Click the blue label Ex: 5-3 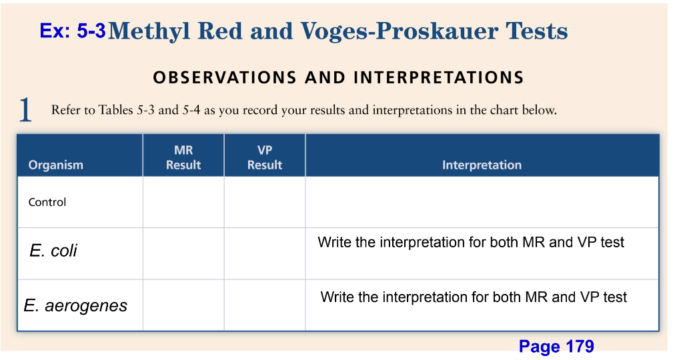72,31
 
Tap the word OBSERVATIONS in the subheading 225,78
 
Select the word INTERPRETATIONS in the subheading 438,78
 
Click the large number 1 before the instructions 25,110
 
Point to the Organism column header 56,165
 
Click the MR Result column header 183,158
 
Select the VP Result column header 265,158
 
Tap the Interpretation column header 482,165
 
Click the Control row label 47,203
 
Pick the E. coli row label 53,251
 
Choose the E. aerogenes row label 75,306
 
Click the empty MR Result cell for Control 183,203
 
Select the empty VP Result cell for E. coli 265,253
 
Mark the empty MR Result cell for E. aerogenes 183,305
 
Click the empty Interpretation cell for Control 482,203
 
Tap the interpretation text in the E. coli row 471,243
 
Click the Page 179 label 556,347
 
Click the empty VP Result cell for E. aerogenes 265,305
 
